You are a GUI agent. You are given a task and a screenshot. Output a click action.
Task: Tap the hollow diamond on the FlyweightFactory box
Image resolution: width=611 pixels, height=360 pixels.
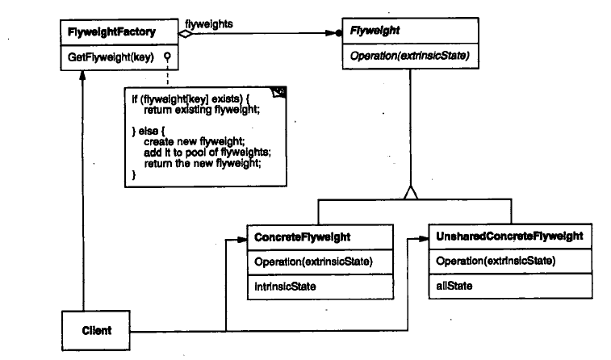pos(185,34)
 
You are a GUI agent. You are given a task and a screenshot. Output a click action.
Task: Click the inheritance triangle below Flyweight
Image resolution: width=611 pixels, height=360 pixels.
pos(411,194)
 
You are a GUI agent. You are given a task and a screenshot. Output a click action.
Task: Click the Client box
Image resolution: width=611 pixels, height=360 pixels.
pos(96,331)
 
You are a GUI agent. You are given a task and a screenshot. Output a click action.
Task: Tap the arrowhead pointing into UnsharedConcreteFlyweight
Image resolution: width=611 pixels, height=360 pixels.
pos(424,238)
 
